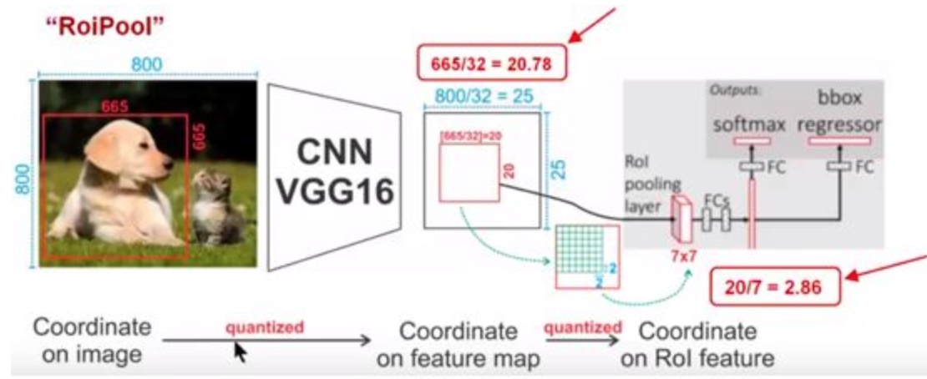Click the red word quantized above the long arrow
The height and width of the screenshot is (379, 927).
tap(265, 326)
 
